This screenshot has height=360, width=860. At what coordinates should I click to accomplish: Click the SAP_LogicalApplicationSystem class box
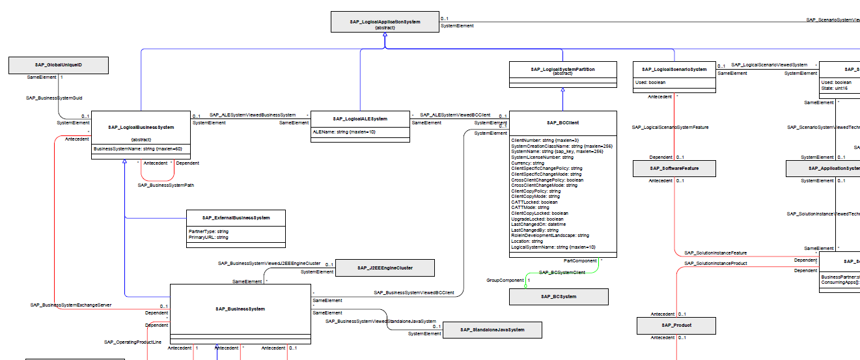coord(385,21)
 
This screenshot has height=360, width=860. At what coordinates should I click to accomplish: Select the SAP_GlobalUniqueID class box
coord(59,65)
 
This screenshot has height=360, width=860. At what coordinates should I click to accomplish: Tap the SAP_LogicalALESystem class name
coord(360,119)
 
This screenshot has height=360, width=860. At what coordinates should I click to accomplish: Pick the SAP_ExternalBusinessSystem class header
coord(236,217)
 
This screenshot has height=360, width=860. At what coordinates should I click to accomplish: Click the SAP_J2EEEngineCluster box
coord(385,268)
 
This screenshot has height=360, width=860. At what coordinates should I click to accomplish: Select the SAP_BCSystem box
coord(559,297)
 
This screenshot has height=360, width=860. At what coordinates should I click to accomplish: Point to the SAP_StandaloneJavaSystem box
coord(492,331)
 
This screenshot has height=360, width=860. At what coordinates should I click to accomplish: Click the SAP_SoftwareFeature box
coord(674,169)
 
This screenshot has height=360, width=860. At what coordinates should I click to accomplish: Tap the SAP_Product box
coord(676,325)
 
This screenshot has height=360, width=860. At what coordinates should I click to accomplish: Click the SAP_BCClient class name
coord(563,122)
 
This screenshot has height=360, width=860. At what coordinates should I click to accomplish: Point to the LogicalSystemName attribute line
coord(553,247)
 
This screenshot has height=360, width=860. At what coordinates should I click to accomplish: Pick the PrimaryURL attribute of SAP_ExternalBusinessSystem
coord(204,238)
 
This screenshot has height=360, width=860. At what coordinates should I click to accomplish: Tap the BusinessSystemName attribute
coord(137,149)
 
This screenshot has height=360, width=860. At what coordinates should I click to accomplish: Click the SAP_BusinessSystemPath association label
coord(166,186)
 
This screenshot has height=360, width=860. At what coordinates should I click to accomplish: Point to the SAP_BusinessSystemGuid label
coord(54,98)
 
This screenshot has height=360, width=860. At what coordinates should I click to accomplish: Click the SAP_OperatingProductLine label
coord(133,342)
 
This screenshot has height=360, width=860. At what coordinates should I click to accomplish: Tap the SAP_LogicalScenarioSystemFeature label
coord(670,128)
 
